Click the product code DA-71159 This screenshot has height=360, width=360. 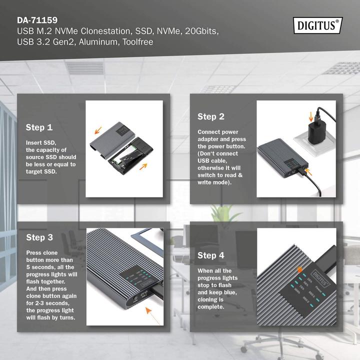coord(37,21)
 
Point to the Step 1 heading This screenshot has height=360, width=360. coord(39,127)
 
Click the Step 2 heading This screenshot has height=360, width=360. coord(210,116)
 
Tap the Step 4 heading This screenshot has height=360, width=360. coord(210,255)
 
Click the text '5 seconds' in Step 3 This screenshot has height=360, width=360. coord(42,267)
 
